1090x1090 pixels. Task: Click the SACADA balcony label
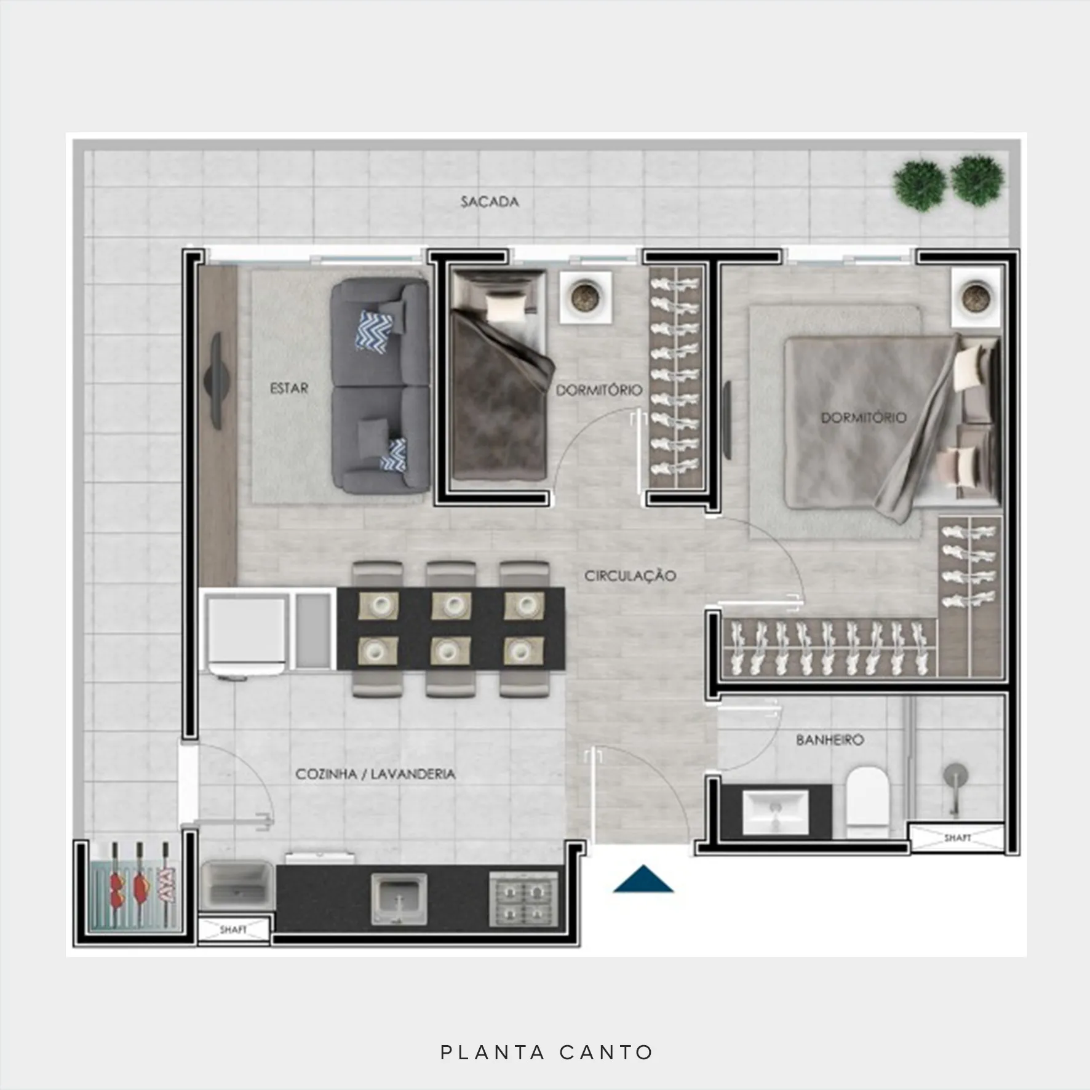[x=490, y=202]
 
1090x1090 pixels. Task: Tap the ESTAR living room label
[x=289, y=388]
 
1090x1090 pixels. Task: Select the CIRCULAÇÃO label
[x=630, y=576]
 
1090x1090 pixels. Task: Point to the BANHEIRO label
[x=830, y=739]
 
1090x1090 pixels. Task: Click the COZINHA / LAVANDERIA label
[x=375, y=774]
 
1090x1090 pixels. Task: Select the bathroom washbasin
[x=775, y=812]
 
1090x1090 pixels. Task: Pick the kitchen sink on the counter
[x=399, y=899]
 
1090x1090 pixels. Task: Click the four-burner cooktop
[x=523, y=899]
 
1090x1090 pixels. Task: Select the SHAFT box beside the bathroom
[x=957, y=838]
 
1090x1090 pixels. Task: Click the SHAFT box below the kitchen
[x=234, y=929]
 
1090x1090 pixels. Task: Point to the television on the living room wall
[x=217, y=381]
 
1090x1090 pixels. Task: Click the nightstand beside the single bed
[x=585, y=297]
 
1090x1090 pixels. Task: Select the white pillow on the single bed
[x=506, y=305]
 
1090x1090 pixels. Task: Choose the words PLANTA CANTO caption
[x=546, y=1052]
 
